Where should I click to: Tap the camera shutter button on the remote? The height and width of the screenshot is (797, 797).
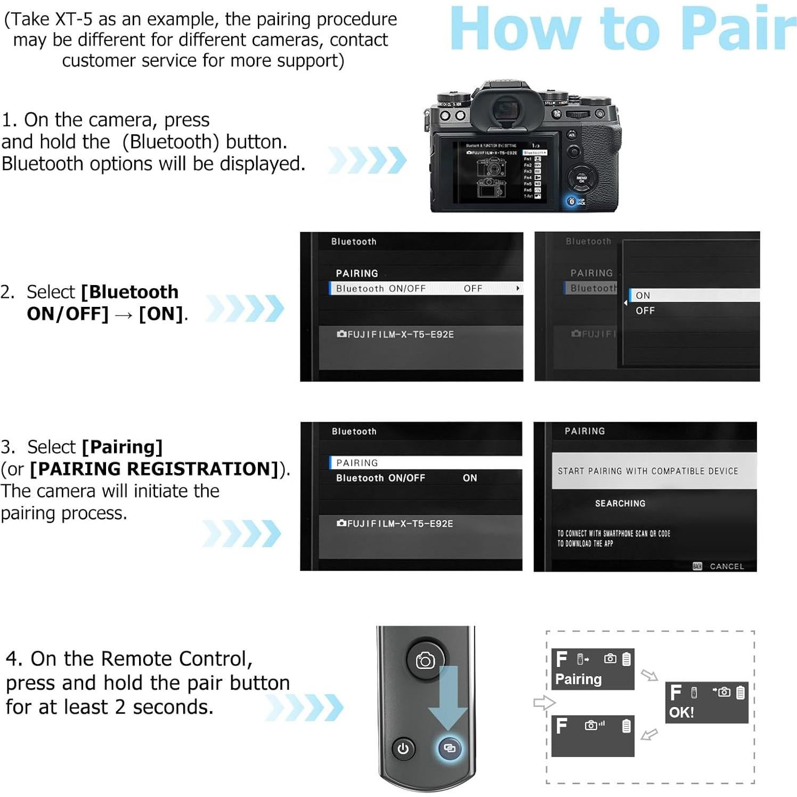425,661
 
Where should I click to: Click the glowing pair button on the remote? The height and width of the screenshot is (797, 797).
450,748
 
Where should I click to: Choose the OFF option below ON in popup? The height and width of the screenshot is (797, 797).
645,311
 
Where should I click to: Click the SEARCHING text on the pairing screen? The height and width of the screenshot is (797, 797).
620,503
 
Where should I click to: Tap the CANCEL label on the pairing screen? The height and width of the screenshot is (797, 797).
726,566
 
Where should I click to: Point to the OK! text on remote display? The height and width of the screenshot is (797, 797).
681,712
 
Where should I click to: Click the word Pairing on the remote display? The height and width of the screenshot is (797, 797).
578,679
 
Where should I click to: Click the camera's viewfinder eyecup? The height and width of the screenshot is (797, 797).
504,109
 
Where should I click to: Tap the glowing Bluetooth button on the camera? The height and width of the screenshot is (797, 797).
572,201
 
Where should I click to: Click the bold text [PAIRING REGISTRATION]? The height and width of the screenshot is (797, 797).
154,469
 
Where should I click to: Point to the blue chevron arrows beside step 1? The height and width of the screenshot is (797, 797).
368,160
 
